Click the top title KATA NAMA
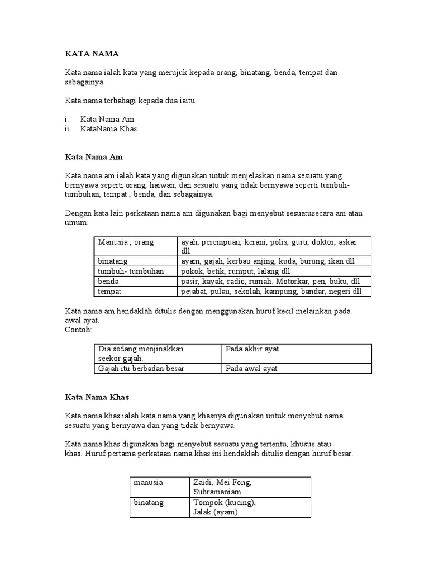coord(92,54)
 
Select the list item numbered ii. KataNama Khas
coord(108,128)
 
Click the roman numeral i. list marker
coord(67,119)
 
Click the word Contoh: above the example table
coord(79,330)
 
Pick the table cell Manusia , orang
coord(126,242)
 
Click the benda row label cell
coord(108,282)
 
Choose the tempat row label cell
coord(109,292)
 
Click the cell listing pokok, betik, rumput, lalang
coord(235,271)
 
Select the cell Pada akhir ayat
coord(252,349)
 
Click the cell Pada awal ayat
coord(251,368)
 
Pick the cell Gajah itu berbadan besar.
coord(141,368)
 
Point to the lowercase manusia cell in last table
coord(149,482)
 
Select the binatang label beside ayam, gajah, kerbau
coord(113,261)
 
